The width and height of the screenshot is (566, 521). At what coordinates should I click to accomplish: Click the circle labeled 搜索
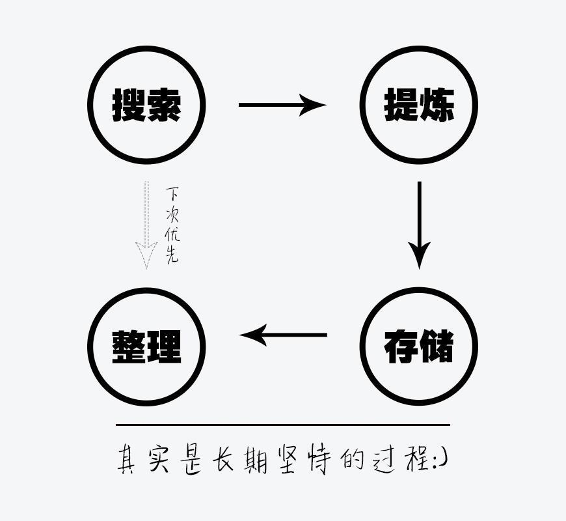click(146, 104)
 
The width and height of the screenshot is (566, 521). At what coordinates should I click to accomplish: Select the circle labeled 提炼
click(419, 104)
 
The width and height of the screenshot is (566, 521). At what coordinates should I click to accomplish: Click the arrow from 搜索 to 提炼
click(281, 104)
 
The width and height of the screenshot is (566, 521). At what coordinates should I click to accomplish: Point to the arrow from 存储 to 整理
click(284, 335)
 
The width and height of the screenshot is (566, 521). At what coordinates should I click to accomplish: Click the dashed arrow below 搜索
click(146, 225)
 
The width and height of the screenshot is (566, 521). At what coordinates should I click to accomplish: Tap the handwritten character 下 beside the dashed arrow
click(172, 194)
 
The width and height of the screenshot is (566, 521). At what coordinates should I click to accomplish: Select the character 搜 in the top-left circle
click(129, 104)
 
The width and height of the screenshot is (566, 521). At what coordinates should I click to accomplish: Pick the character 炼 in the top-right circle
click(437, 104)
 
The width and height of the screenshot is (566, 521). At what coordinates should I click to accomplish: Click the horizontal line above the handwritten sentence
click(283, 425)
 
